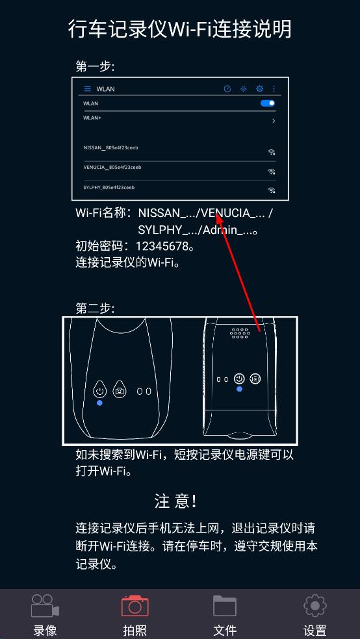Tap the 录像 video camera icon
45,606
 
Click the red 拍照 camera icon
135,606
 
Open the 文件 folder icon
225,606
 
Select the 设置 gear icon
315,606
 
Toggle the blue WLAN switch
268,103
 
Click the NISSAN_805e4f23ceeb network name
110,147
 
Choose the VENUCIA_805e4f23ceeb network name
112,167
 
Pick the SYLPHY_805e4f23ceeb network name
109,188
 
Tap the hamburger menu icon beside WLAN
87,89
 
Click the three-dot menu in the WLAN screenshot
274,89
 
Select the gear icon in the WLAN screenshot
259,89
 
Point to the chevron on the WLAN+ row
274,121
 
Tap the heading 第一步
95,66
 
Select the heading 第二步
95,308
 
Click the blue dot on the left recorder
99,403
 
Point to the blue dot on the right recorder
239,389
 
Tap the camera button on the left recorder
120,390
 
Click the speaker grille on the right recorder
240,333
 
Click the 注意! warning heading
175,501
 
